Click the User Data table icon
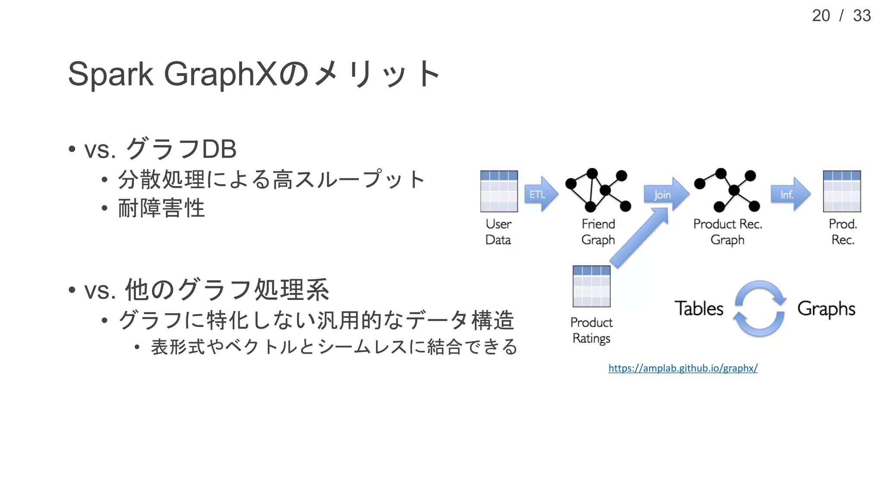click(499, 191)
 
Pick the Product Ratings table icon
click(591, 286)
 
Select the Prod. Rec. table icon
click(842, 191)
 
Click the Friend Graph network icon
click(598, 190)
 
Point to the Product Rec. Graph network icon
click(727, 190)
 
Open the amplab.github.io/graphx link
click(683, 368)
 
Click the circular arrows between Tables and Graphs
click(760, 308)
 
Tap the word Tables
click(699, 308)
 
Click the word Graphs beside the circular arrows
click(826, 309)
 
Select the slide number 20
click(821, 16)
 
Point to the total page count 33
click(862, 16)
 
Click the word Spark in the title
click(110, 74)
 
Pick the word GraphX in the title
click(220, 74)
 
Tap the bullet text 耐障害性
click(161, 208)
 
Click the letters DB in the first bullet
click(219, 149)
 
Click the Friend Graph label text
click(598, 232)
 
